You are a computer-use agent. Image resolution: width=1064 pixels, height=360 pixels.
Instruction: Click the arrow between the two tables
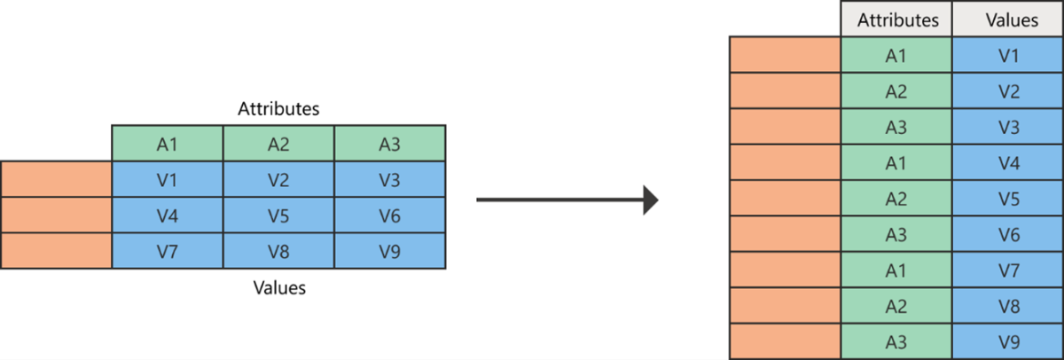[x=567, y=200]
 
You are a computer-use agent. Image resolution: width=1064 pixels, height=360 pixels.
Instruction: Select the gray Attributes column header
[x=896, y=18]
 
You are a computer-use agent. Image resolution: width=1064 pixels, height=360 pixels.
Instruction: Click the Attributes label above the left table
[x=278, y=109]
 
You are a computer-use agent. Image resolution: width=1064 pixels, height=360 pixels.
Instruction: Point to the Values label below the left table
[x=278, y=287]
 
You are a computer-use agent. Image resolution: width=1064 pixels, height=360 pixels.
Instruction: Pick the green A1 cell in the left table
[x=167, y=144]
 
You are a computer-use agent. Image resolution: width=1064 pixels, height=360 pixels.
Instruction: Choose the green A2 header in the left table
[x=278, y=144]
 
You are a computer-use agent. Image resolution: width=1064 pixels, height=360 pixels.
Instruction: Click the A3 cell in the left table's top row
[x=389, y=144]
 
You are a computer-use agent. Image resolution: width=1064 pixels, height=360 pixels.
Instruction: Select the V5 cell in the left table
[x=278, y=215]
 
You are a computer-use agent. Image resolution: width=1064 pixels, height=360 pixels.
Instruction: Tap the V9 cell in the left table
[x=389, y=251]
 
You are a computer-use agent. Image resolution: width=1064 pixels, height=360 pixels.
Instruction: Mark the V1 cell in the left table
[x=167, y=179]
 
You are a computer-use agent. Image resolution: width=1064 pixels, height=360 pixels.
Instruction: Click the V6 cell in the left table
[x=389, y=215]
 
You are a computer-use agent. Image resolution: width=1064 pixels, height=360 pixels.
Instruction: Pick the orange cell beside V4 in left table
[x=56, y=215]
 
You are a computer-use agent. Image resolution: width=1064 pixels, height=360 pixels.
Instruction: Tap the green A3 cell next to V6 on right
[x=896, y=234]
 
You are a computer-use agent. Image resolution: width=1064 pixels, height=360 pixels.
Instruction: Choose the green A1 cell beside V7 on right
[x=896, y=270]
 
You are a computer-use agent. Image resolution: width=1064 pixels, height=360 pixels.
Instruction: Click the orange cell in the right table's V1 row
[x=785, y=55]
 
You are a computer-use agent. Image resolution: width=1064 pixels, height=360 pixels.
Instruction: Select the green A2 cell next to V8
[x=896, y=306]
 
